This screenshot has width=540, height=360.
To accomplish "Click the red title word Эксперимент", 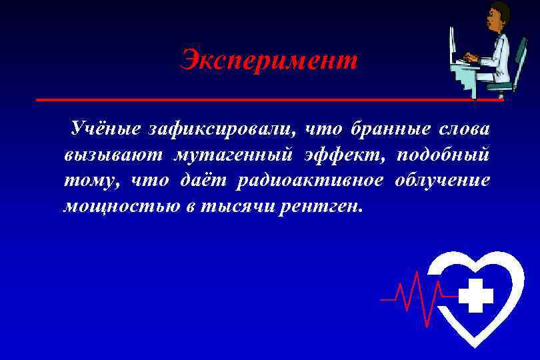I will click(x=269, y=61).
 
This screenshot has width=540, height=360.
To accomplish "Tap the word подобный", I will click(x=443, y=155).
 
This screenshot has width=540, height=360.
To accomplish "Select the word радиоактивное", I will click(x=310, y=181).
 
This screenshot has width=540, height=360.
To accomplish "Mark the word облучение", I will click(x=443, y=181).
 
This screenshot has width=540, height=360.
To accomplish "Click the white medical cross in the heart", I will click(x=476, y=295).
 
